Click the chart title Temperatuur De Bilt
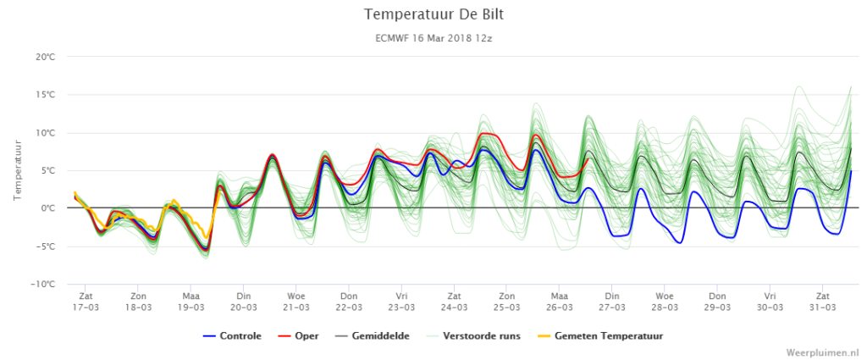(x=433, y=15)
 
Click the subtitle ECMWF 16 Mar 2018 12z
(x=433, y=39)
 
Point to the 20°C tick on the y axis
(x=46, y=57)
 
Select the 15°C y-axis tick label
(x=46, y=95)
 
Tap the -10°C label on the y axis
(x=44, y=285)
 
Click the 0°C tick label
(x=47, y=208)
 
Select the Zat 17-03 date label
(x=86, y=300)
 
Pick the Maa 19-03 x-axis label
(x=191, y=300)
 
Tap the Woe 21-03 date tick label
(x=296, y=300)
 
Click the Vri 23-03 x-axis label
(x=401, y=300)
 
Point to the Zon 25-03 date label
(x=506, y=300)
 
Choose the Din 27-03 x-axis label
(x=612, y=300)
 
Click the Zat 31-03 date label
(x=822, y=300)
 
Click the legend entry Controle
(x=232, y=335)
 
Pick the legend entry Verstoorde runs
(x=474, y=335)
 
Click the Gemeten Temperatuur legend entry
(x=600, y=335)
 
